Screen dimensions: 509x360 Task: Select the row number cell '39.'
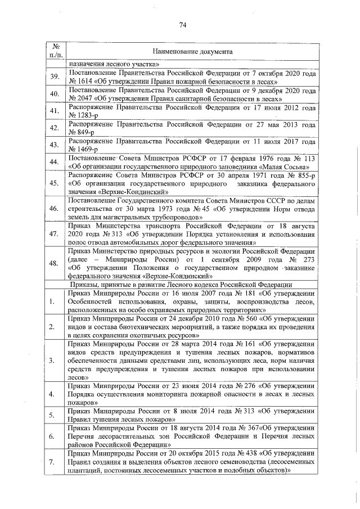[x=55, y=77]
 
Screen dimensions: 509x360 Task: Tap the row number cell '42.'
[x=55, y=128]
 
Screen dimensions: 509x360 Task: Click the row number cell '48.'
[x=55, y=263]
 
